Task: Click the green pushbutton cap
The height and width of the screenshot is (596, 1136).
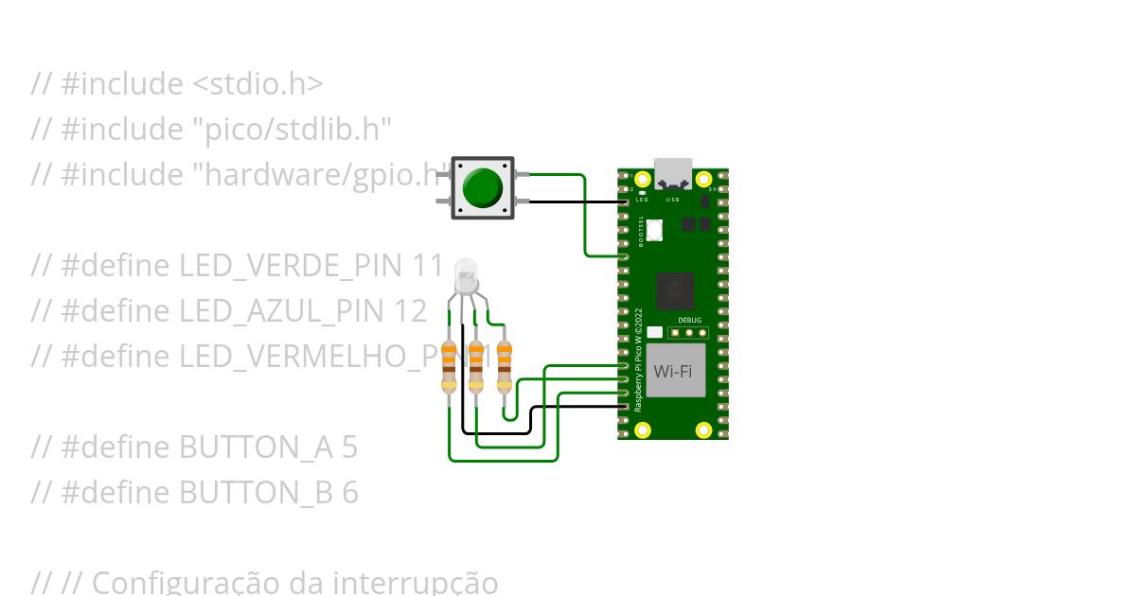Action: (x=483, y=187)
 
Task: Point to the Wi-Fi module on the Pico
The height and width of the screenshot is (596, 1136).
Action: (x=673, y=372)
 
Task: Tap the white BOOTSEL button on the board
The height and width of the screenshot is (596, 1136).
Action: (x=656, y=228)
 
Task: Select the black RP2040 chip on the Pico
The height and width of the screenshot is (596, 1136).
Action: (x=675, y=289)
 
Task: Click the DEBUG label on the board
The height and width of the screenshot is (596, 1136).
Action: (x=690, y=320)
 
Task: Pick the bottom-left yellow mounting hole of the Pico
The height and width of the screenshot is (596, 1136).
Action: (x=643, y=430)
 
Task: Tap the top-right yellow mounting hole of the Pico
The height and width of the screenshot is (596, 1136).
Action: (x=703, y=179)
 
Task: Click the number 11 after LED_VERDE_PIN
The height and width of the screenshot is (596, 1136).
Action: (x=428, y=266)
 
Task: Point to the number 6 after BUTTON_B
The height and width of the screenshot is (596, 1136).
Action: (x=350, y=493)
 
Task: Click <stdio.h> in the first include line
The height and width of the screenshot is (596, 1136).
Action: (x=257, y=84)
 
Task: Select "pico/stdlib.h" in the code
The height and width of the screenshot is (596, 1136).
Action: (x=292, y=130)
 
